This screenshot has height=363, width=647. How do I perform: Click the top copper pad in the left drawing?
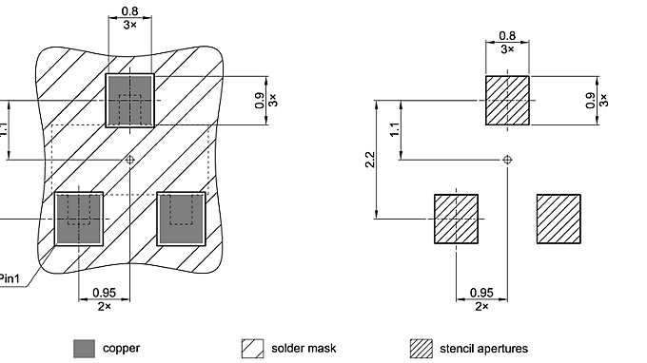pos(130,101)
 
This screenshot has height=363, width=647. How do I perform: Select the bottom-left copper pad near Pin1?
pos(79,219)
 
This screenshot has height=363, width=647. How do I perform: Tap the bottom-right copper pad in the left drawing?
pos(181,219)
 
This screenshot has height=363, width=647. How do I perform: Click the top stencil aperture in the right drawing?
pos(507,100)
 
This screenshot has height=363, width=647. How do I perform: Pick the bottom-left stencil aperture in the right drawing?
pos(457,219)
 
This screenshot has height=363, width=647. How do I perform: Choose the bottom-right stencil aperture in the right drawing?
pos(559,219)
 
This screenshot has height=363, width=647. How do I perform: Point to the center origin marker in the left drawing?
pos(130,160)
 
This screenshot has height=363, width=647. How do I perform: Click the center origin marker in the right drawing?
pos(507,160)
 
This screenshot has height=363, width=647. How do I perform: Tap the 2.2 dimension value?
pos(370,160)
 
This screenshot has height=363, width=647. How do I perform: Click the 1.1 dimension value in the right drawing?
pos(395,129)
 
